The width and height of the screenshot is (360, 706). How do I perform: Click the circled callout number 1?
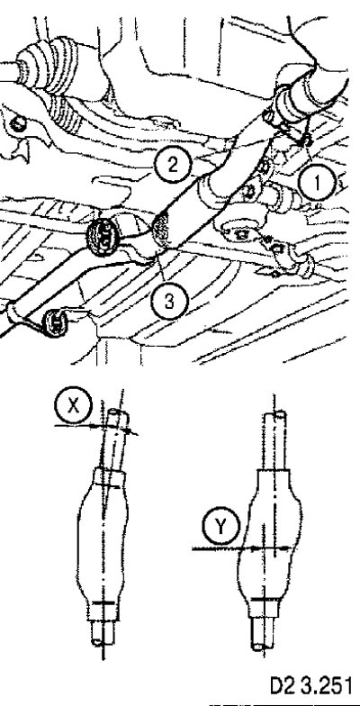point(317,184)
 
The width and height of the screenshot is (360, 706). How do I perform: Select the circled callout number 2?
point(173,166)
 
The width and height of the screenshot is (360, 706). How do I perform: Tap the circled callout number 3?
point(169,301)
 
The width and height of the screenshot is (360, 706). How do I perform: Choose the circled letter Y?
point(221,526)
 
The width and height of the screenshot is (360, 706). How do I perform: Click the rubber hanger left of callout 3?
point(103,237)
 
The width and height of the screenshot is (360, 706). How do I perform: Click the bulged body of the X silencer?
point(103,536)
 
